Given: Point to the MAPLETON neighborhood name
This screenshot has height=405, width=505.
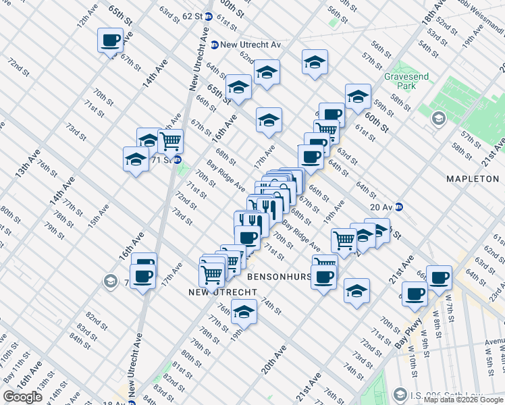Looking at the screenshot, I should coord(472,178).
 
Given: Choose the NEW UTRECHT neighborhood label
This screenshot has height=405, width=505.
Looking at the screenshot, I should coord(222,292).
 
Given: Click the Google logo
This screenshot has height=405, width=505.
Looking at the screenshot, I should coord(22,397).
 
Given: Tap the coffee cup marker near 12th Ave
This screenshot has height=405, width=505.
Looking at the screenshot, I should coord(109,40).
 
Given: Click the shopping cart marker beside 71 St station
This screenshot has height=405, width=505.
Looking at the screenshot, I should coord(170,142).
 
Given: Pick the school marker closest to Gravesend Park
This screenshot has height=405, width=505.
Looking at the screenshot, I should coord(358,97).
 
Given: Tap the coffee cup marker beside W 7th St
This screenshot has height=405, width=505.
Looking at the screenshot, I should coord(439,277).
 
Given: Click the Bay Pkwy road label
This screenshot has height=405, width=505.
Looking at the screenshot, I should coord(408,332).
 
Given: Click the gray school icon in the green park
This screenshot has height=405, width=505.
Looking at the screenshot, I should coord(437,119).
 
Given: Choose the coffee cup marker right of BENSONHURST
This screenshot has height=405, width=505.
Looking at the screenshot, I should coord(323,276).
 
